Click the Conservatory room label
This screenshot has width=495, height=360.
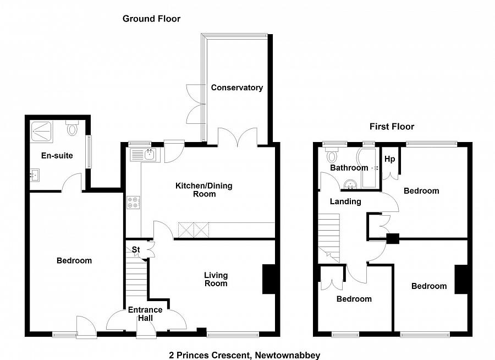coord(237,88)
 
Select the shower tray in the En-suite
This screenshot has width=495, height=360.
coord(41,132)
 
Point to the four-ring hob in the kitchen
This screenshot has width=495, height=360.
coord(134,203)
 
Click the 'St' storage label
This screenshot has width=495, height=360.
coord(136,250)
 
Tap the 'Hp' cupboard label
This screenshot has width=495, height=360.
coord(389,159)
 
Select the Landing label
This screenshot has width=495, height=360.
coord(345,201)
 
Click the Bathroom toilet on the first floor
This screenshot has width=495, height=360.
coord(332,155)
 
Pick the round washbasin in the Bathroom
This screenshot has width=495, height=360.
coord(350,184)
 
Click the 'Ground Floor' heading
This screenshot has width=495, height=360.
coord(152,19)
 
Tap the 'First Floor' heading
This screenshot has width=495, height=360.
coord(392,127)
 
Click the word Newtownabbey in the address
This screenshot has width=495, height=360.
coord(288,355)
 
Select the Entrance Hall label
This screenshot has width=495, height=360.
coord(145,314)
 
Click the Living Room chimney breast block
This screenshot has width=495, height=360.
coord(268,280)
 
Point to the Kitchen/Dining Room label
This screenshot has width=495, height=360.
coord(204,190)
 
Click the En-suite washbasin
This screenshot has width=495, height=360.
coord(35,174)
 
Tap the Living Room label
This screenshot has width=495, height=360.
coord(216,280)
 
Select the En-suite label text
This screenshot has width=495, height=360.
coord(57,156)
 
